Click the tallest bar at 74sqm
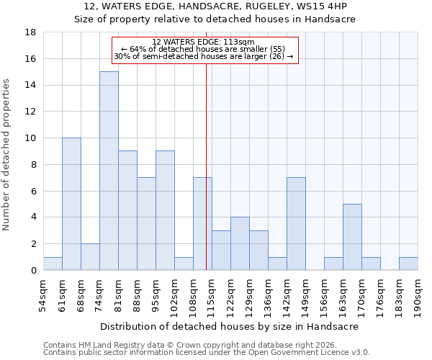(x=109, y=171)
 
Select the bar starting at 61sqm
(x=71, y=204)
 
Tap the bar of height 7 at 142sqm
(x=296, y=224)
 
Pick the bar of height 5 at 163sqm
(x=352, y=237)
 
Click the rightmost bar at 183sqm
(x=408, y=264)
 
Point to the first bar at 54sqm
(x=53, y=264)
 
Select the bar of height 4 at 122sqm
(x=240, y=243)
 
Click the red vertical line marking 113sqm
(x=207, y=180)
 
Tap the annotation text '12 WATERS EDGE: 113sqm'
(x=204, y=42)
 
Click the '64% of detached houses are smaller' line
(x=204, y=49)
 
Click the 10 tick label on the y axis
(x=30, y=138)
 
